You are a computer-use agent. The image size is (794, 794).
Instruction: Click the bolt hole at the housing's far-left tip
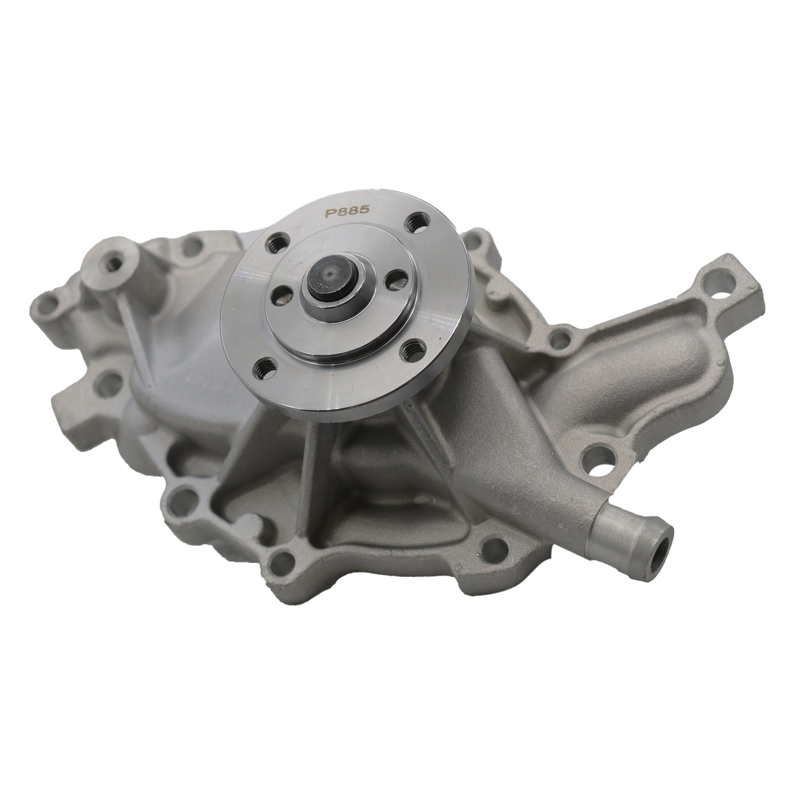(x=43, y=305)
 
